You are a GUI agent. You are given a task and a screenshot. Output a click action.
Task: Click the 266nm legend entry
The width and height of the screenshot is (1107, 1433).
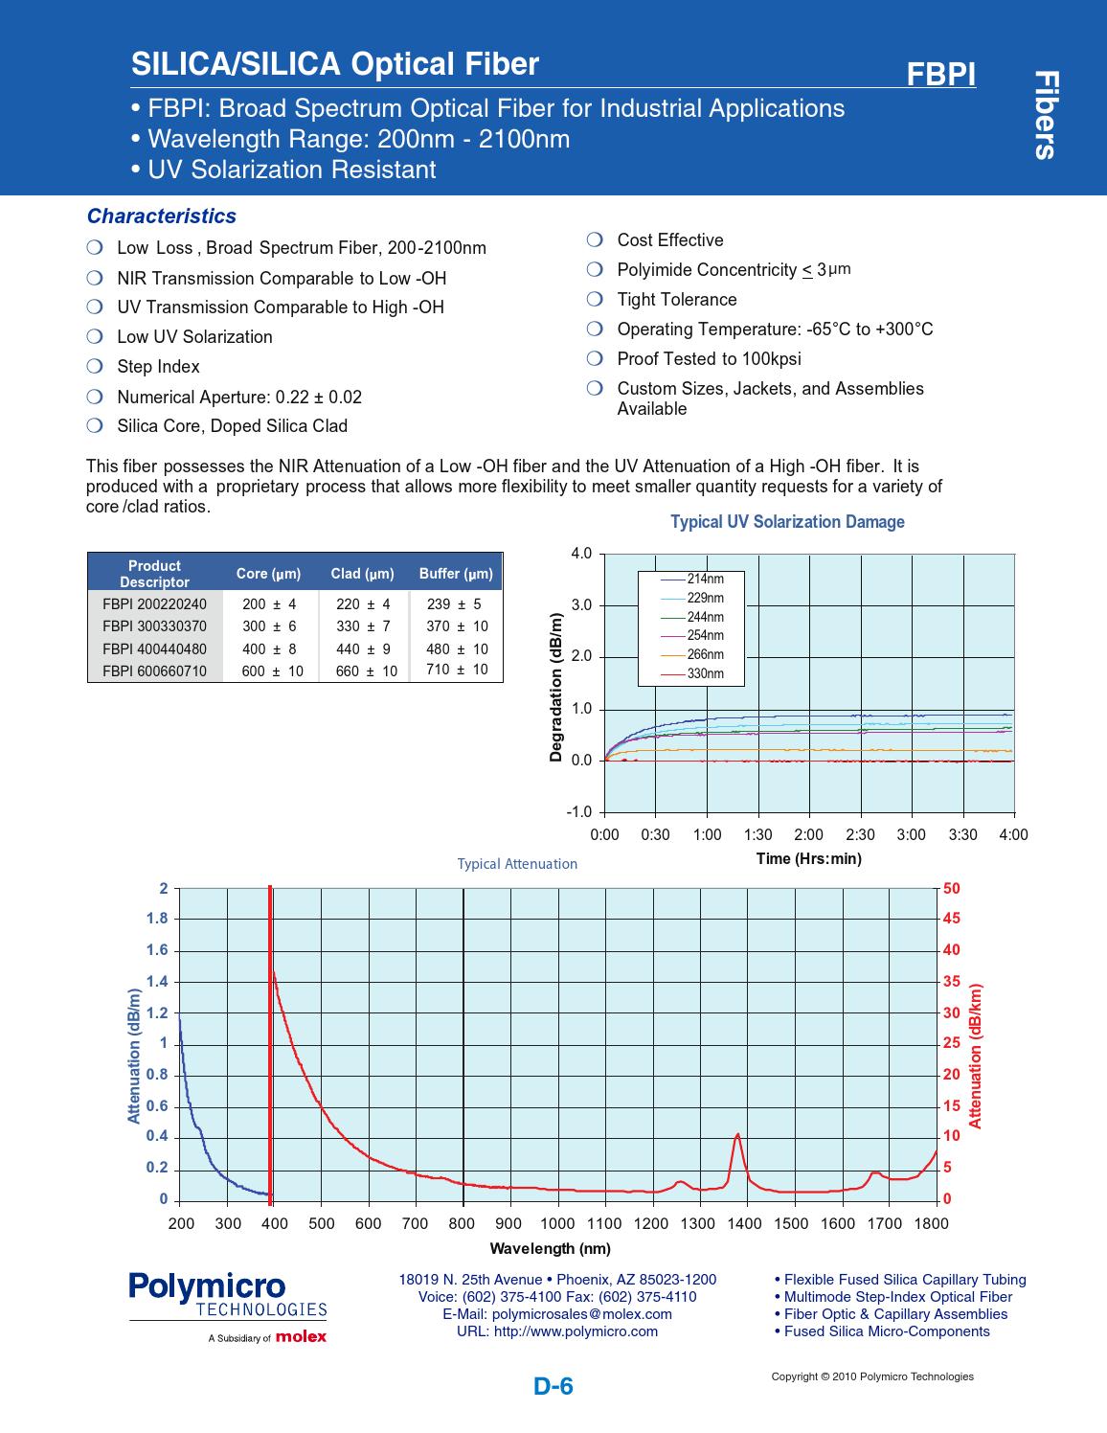pyautogui.click(x=705, y=654)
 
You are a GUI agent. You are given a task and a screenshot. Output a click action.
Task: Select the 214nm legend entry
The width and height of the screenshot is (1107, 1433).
pyautogui.click(x=705, y=580)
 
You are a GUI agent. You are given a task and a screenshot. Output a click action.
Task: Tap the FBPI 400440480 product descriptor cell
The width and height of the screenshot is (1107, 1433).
pyautogui.click(x=154, y=648)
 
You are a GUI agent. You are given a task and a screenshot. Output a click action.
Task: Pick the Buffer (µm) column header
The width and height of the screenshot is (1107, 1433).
pyautogui.click(x=456, y=574)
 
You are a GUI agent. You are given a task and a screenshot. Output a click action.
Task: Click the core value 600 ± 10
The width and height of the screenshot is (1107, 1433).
pyautogui.click(x=272, y=671)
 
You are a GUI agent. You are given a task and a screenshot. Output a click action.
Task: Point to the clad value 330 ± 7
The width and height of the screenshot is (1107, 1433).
pyautogui.click(x=363, y=626)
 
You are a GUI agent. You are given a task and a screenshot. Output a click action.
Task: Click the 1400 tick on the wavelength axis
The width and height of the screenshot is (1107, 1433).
pyautogui.click(x=744, y=1223)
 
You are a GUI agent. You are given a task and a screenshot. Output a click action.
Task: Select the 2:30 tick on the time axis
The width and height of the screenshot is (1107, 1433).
pyautogui.click(x=860, y=834)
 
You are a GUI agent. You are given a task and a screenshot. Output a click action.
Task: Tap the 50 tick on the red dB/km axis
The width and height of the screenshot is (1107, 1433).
pyautogui.click(x=951, y=889)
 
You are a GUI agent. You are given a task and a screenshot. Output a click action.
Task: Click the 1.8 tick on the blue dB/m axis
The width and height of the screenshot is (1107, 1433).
pyautogui.click(x=157, y=919)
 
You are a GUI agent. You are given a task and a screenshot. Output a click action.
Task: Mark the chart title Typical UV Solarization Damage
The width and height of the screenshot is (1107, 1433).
pyautogui.click(x=787, y=522)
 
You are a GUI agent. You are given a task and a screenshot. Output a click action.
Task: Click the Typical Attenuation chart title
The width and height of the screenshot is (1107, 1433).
pyautogui.click(x=517, y=864)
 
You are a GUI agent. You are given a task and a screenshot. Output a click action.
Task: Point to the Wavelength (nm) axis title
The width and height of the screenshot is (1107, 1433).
pyautogui.click(x=550, y=1248)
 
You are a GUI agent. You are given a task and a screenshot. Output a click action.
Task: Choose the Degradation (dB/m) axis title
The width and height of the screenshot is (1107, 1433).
pyautogui.click(x=555, y=688)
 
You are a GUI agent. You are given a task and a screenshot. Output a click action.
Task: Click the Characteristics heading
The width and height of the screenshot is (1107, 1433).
pyautogui.click(x=161, y=216)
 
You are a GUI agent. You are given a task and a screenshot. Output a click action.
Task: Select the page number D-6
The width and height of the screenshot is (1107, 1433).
pyautogui.click(x=553, y=1386)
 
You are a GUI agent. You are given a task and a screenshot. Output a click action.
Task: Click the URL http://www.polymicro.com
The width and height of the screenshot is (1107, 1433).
pyautogui.click(x=557, y=1331)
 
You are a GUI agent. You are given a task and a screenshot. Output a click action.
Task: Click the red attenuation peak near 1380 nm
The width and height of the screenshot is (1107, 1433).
pyautogui.click(x=737, y=1135)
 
